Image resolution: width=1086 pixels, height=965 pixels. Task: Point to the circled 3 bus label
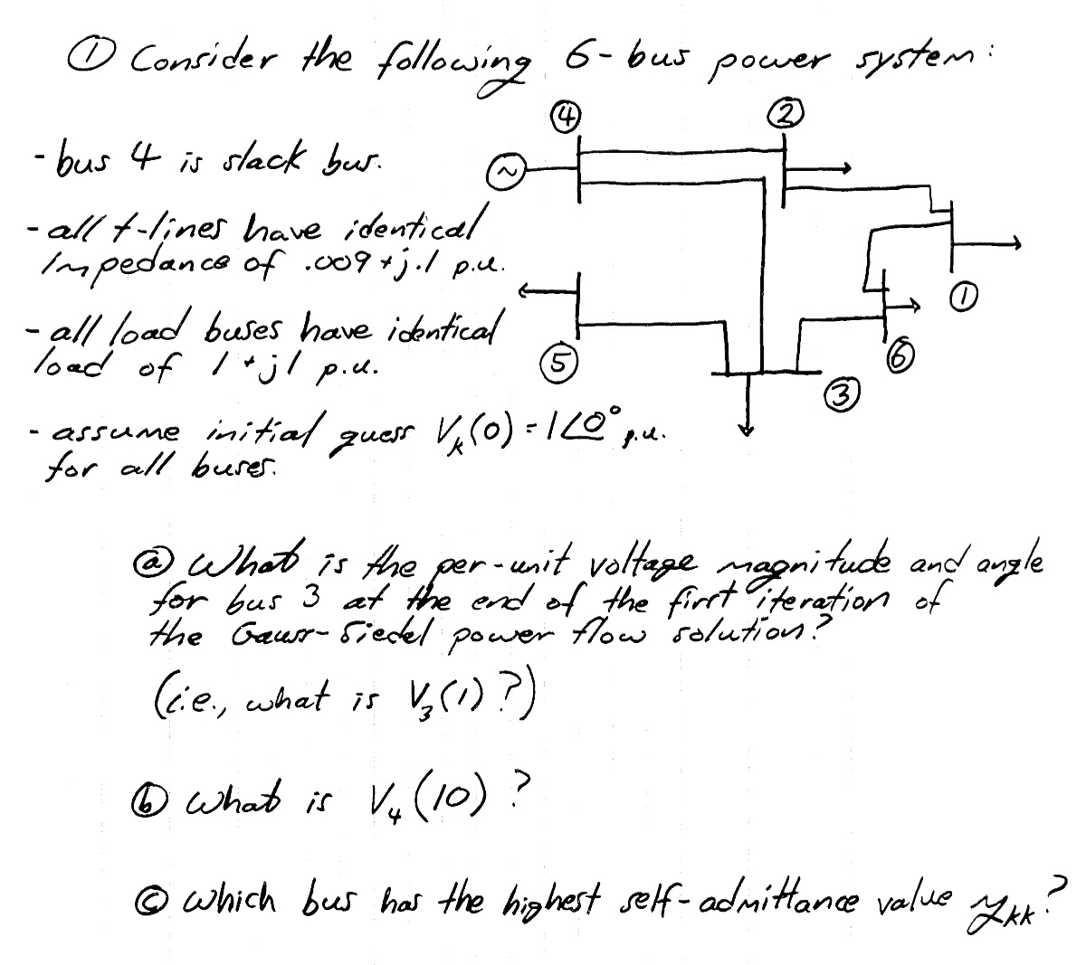tap(840, 395)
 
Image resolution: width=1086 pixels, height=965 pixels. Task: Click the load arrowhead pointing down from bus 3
tap(747, 427)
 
